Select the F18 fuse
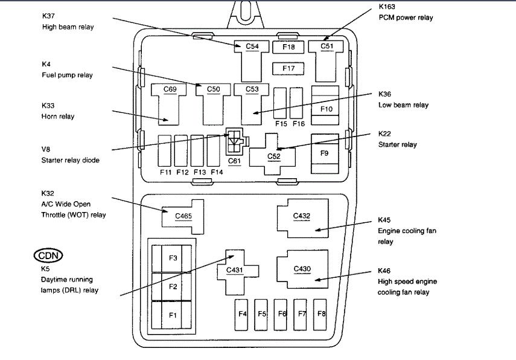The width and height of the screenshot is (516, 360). point(288,47)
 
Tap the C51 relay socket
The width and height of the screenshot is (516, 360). point(326,54)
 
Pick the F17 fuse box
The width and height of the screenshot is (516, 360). point(288,69)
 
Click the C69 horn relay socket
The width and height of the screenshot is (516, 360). point(170,100)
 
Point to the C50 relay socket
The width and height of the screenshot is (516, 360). point(213,97)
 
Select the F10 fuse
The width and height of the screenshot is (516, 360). point(326,109)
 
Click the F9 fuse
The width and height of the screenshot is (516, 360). point(325,153)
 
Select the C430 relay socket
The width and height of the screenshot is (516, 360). point(301,269)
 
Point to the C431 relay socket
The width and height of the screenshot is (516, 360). point(234,270)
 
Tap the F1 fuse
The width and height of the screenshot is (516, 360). point(173,315)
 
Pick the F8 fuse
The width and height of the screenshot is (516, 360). point(320,313)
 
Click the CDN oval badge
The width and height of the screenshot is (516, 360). point(49,255)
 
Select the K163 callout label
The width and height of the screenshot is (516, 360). point(389,7)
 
